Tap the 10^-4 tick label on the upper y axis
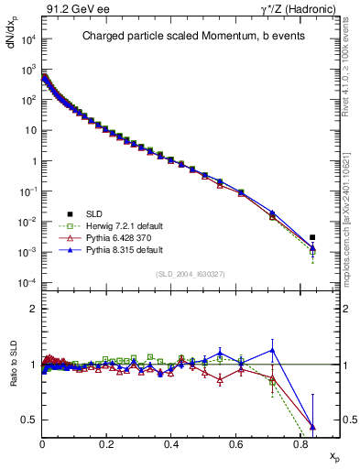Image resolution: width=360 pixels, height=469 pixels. [x=27, y=283]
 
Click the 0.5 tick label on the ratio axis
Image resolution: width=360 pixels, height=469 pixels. [x=27, y=420]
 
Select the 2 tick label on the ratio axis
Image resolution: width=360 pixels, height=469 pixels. [x=33, y=310]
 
